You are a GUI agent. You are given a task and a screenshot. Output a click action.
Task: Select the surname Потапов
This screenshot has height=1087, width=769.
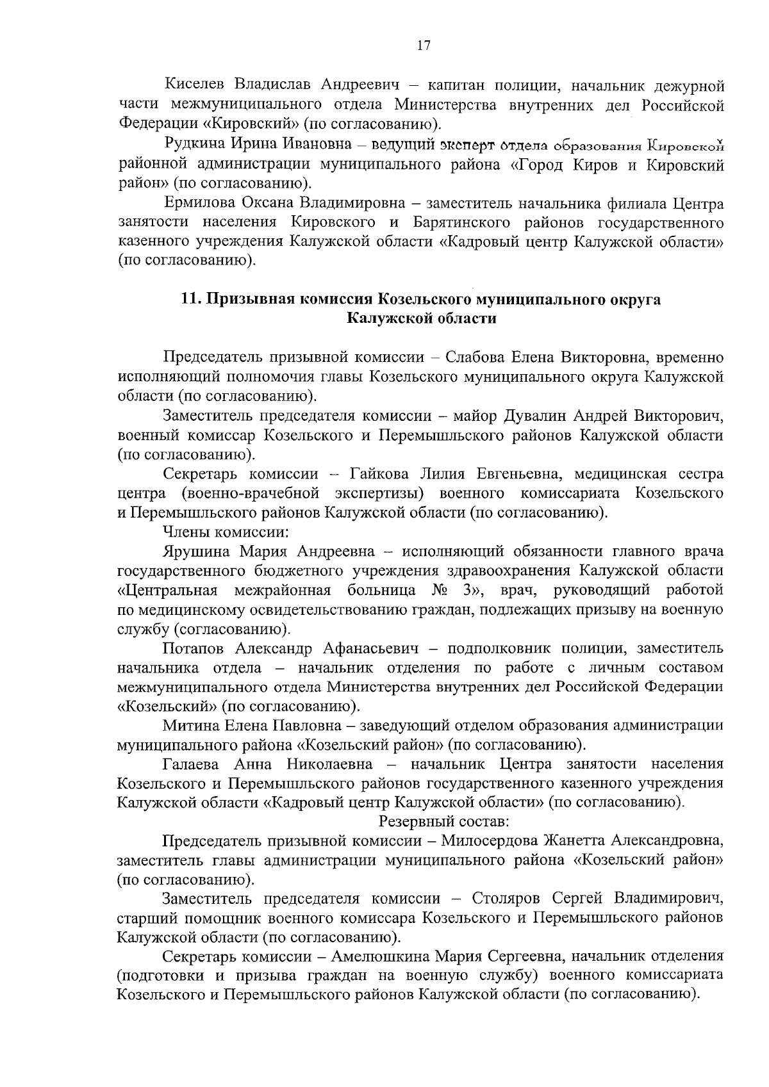(194, 648)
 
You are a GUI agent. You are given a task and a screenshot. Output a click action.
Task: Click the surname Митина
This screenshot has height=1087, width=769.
(190, 726)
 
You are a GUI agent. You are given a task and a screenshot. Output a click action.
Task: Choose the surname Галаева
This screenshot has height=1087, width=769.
(191, 764)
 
